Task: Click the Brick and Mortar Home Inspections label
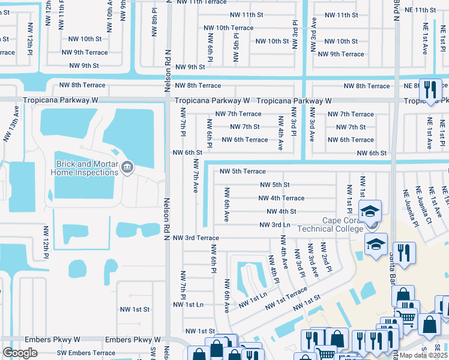pyautogui.click(x=87, y=168)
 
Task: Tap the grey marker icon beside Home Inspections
pyautogui.click(x=127, y=167)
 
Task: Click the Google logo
pyautogui.click(x=20, y=352)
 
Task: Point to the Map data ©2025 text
pyautogui.click(x=423, y=355)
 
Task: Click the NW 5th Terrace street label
pyautogui.click(x=243, y=172)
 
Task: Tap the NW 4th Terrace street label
pyautogui.click(x=282, y=198)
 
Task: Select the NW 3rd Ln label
pyautogui.click(x=274, y=225)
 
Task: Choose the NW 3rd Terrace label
pyautogui.click(x=196, y=238)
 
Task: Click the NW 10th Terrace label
pyautogui.click(x=226, y=28)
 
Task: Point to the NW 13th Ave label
pyautogui.click(x=7, y=129)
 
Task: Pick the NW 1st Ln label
pyautogui.click(x=188, y=305)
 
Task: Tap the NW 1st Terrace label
pyautogui.click(x=283, y=296)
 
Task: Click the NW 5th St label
pyautogui.click(x=274, y=185)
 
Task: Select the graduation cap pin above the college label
pyautogui.click(x=370, y=211)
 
